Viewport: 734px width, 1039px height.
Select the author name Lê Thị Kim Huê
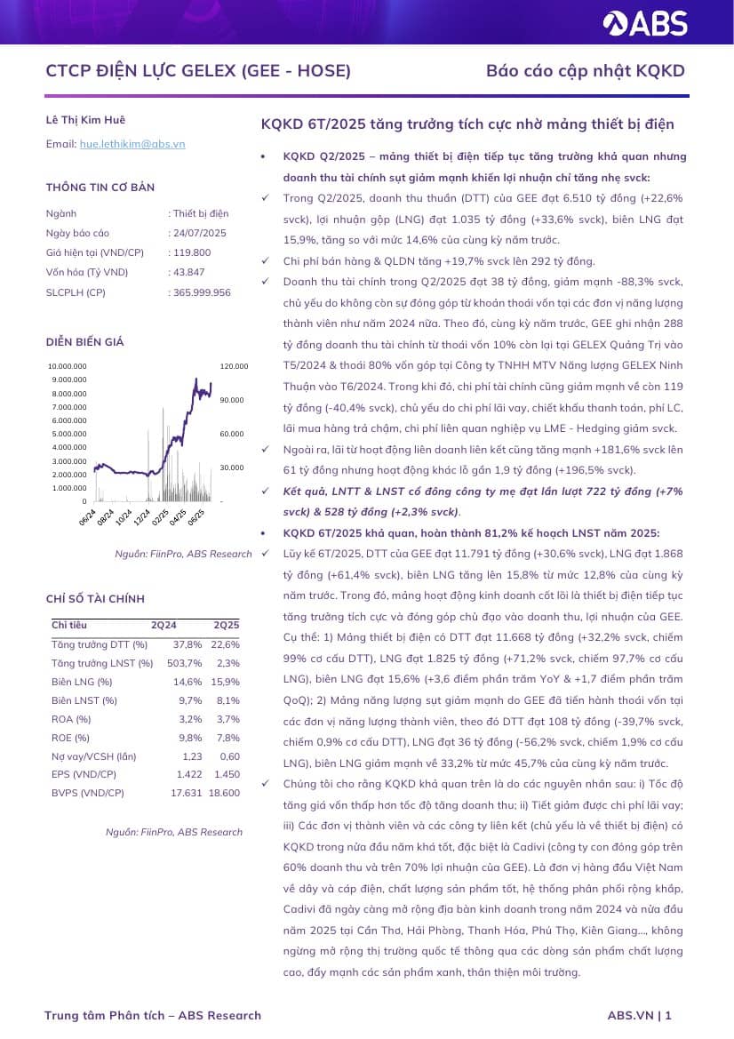coord(85,119)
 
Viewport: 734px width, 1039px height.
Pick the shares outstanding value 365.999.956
coord(202,292)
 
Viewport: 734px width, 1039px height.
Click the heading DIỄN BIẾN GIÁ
coord(84,342)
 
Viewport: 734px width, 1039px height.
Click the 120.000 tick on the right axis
coord(234,365)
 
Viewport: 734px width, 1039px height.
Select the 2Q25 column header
coord(226,625)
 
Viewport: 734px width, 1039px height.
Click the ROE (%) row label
coord(71,738)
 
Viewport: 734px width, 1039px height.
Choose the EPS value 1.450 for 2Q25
coord(227,774)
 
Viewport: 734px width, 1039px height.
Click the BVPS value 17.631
coord(187,793)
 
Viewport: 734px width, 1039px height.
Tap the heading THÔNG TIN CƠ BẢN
coord(100,188)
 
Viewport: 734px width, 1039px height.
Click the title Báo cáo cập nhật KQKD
coord(585,71)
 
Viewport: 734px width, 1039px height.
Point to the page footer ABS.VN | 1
coord(639,1015)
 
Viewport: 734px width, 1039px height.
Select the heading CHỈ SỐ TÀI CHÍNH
coord(95,599)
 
